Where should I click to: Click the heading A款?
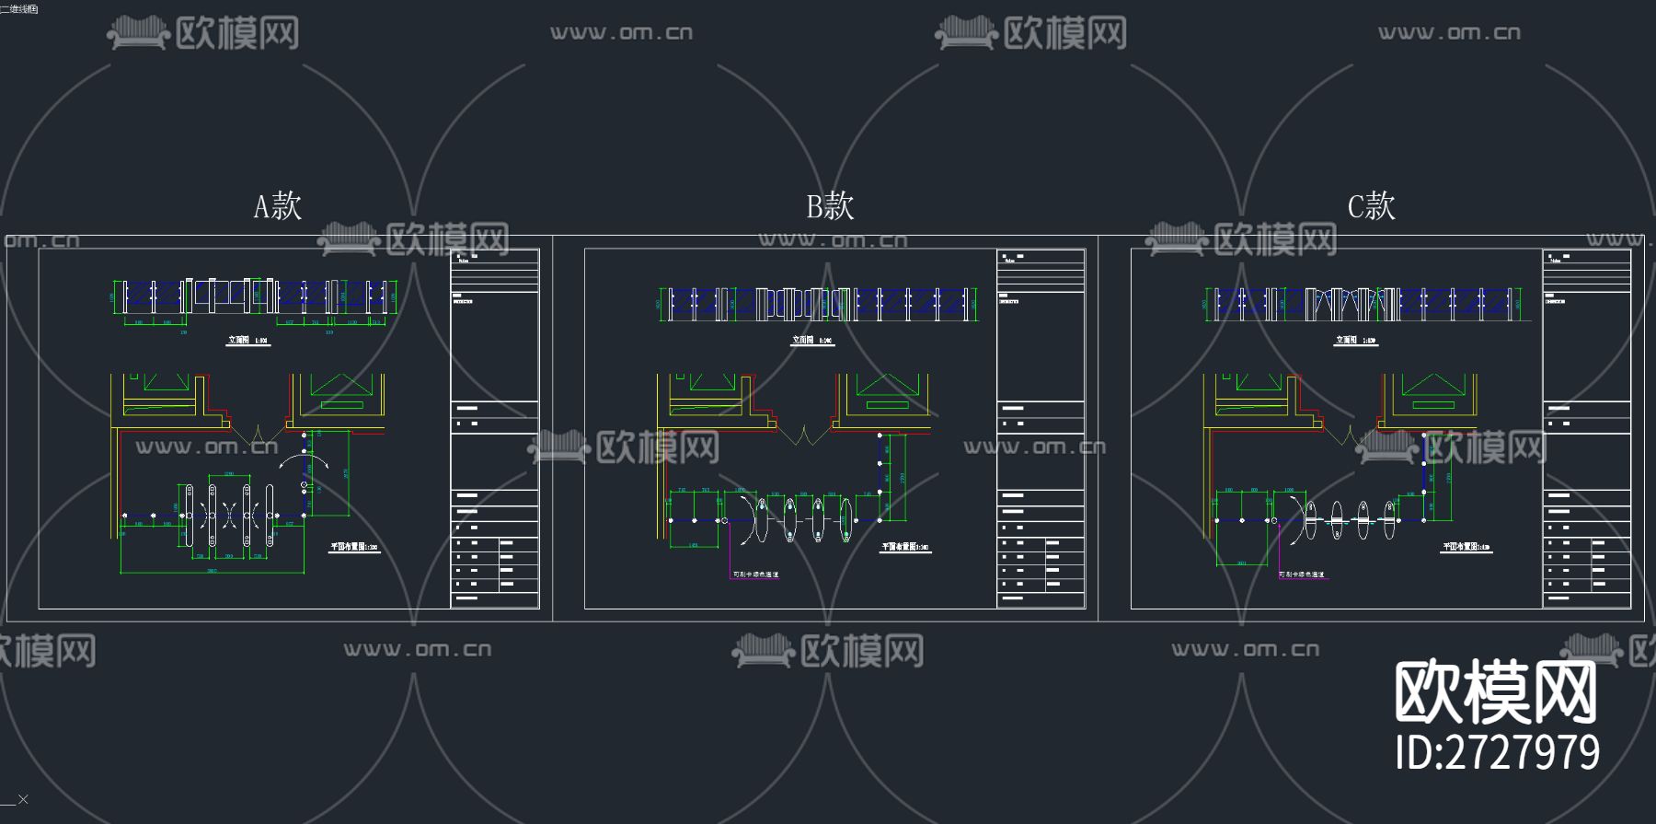[x=277, y=206]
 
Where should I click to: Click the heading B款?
[x=830, y=206]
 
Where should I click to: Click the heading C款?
[x=1371, y=206]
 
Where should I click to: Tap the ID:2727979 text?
[x=1497, y=752]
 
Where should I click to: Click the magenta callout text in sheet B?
[x=755, y=574]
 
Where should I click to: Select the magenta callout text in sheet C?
[x=1301, y=574]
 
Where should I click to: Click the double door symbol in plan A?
[x=259, y=433]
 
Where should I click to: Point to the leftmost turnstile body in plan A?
[x=189, y=520]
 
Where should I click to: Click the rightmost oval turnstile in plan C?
[x=1389, y=520]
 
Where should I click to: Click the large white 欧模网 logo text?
[x=1496, y=692]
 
